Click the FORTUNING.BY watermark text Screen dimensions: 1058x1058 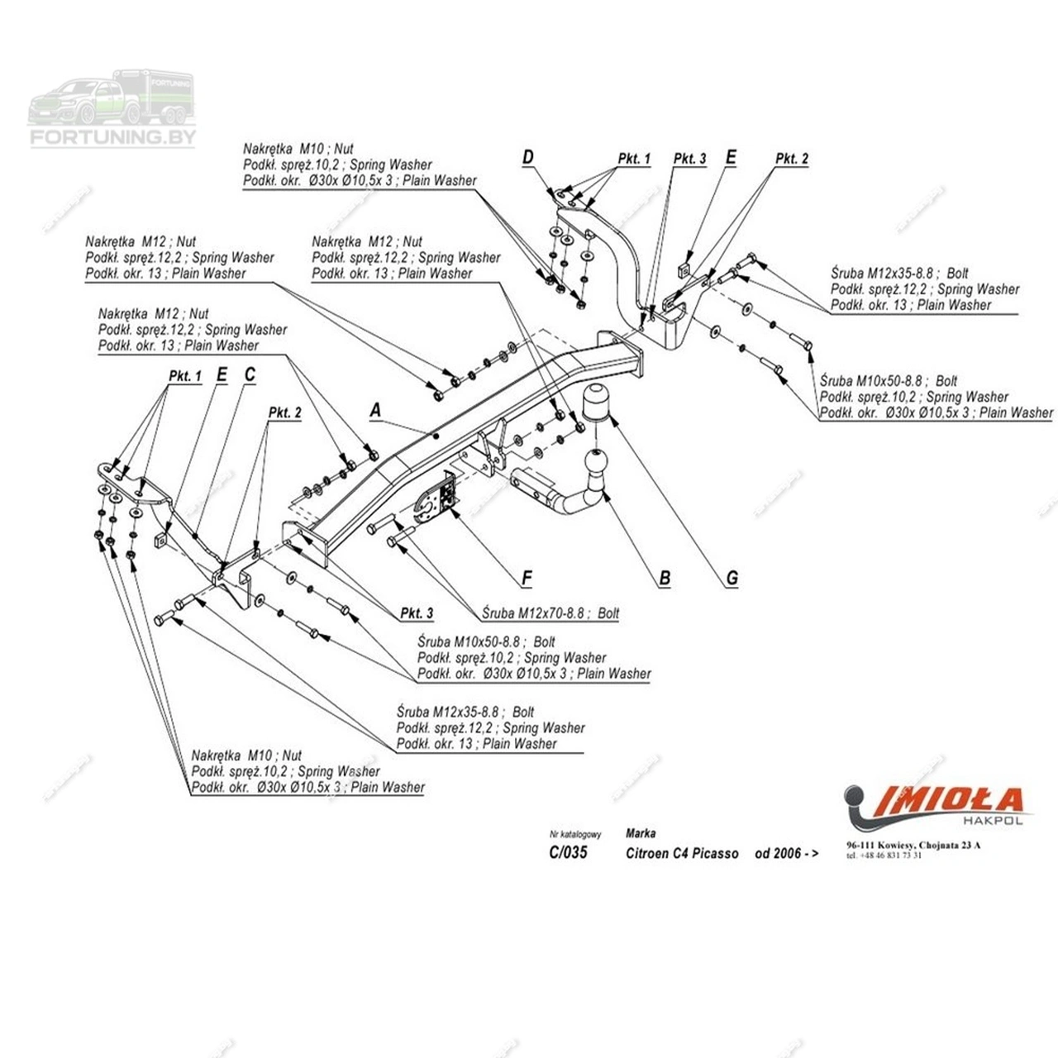click(113, 136)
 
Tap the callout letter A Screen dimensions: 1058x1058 click(376, 410)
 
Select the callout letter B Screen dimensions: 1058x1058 click(665, 579)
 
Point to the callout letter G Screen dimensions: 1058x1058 click(732, 579)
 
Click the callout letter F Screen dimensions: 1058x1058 click(527, 579)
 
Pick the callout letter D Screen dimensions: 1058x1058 click(528, 158)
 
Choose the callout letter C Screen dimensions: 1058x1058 click(250, 375)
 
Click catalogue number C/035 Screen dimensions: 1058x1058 click(568, 852)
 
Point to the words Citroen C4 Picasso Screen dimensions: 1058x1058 click(682, 853)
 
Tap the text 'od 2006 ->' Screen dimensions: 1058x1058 click(786, 853)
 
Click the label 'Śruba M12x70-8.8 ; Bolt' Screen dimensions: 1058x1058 click(550, 613)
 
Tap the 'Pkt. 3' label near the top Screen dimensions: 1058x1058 click(689, 159)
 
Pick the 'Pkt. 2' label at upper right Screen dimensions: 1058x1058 click(792, 159)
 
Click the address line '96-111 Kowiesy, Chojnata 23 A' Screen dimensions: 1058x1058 click(913, 846)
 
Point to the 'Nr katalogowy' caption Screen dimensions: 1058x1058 click(575, 835)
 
